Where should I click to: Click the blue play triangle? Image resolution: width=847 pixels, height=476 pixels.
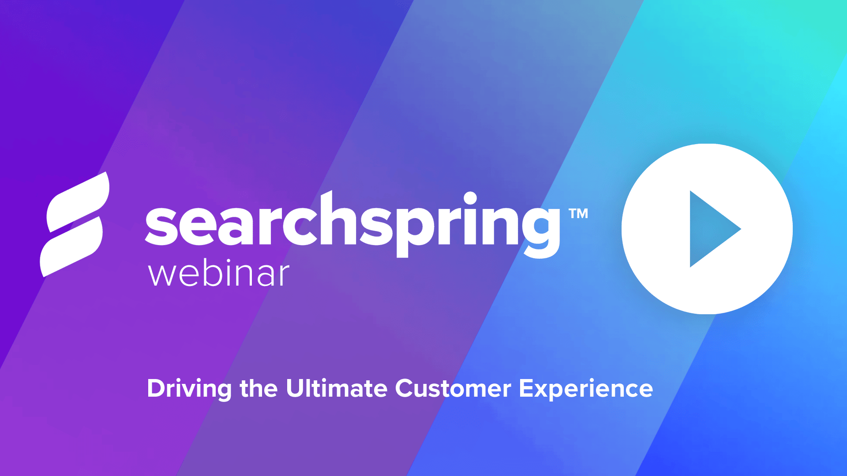[x=710, y=229]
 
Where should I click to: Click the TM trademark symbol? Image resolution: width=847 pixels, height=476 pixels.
[x=578, y=214]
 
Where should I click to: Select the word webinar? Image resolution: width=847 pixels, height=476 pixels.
[x=219, y=274]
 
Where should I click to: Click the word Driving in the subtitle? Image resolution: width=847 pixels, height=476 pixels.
[x=189, y=389]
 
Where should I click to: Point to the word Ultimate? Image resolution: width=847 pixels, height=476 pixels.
[x=337, y=389]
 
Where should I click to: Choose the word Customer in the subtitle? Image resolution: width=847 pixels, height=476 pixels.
[x=453, y=389]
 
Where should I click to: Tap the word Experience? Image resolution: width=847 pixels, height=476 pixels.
[x=586, y=389]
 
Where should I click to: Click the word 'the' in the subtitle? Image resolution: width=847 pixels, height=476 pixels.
[x=259, y=389]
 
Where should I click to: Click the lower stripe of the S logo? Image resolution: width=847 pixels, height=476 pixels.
[x=71, y=247]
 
